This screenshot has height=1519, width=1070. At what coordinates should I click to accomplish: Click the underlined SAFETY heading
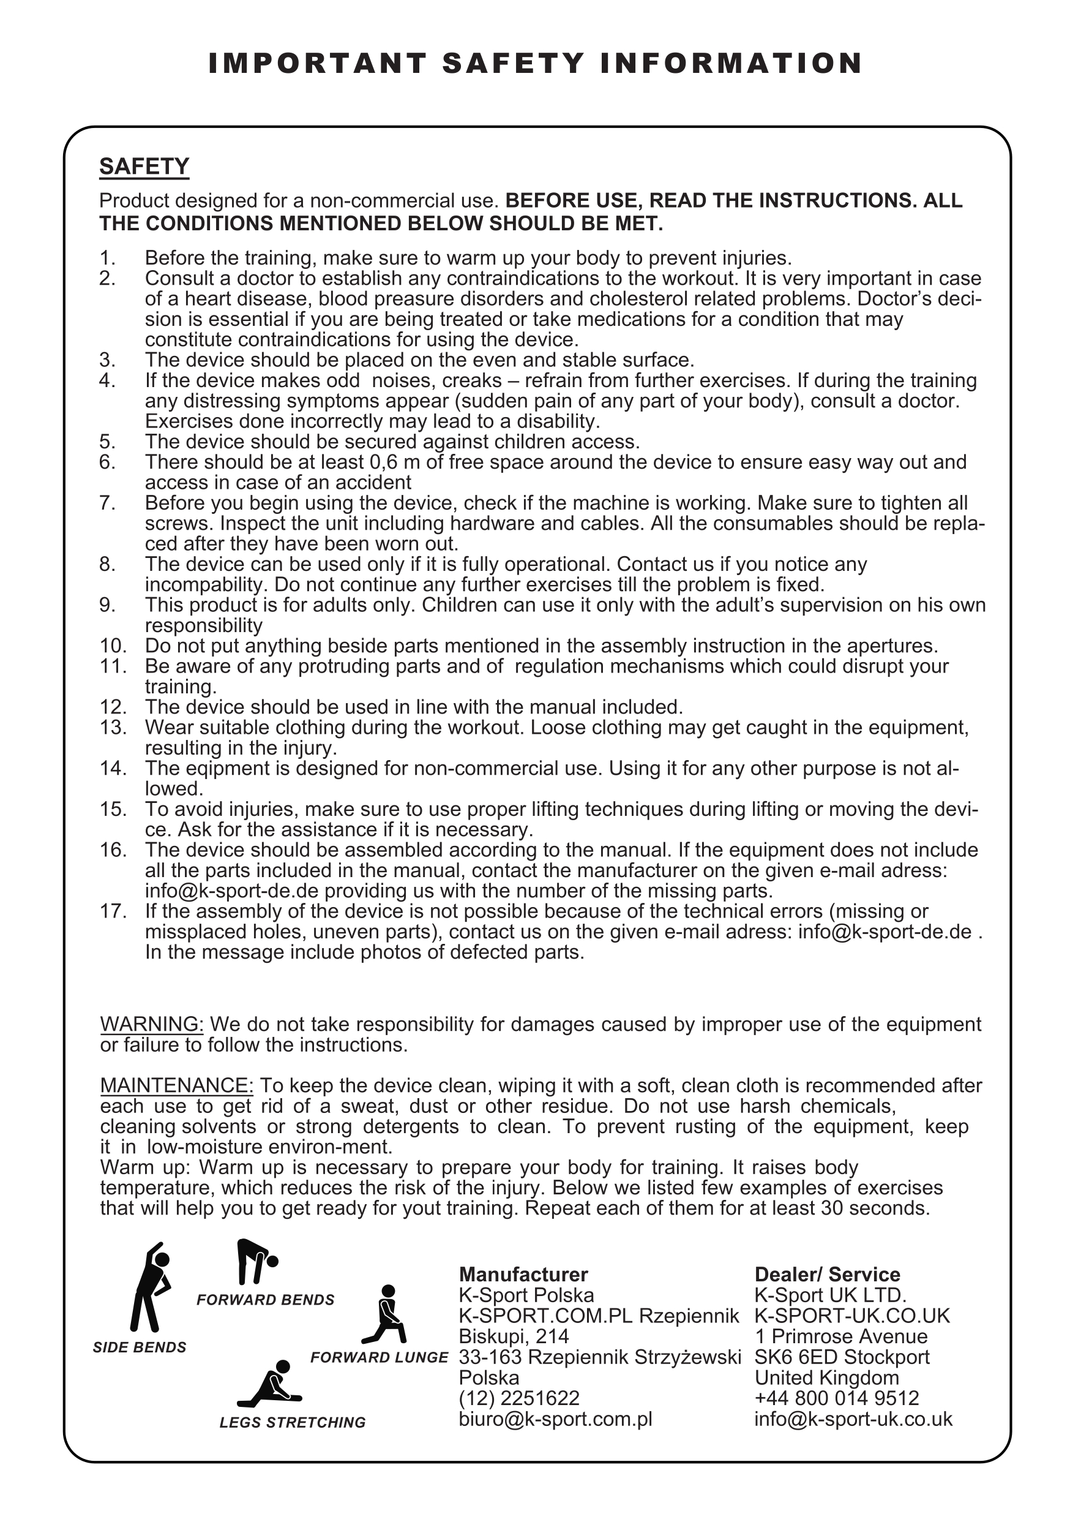[x=144, y=167]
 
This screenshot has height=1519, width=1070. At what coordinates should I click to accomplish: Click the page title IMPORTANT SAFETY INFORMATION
[x=535, y=64]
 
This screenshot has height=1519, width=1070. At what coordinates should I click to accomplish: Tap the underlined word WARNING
[x=151, y=1024]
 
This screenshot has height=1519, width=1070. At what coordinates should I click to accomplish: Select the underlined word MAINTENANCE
[x=176, y=1086]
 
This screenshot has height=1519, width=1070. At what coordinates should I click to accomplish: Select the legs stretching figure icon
[x=272, y=1384]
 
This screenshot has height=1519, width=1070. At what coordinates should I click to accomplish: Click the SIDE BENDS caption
[x=140, y=1347]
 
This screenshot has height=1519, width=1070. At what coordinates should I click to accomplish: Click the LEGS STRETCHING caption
[x=293, y=1422]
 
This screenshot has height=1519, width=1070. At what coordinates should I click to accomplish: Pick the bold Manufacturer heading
[x=523, y=1275]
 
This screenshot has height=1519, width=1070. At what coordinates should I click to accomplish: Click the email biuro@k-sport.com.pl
[x=555, y=1419]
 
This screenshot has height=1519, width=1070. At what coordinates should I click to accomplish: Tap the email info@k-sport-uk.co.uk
[x=853, y=1419]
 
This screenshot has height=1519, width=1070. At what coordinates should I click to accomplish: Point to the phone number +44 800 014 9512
[x=837, y=1398]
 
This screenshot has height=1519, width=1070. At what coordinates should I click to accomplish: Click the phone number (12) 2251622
[x=519, y=1398]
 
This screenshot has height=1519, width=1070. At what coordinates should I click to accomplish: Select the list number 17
[x=113, y=911]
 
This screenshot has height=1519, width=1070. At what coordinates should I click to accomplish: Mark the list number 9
[x=107, y=605]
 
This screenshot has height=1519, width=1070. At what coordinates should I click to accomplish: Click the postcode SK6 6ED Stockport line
[x=842, y=1357]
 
